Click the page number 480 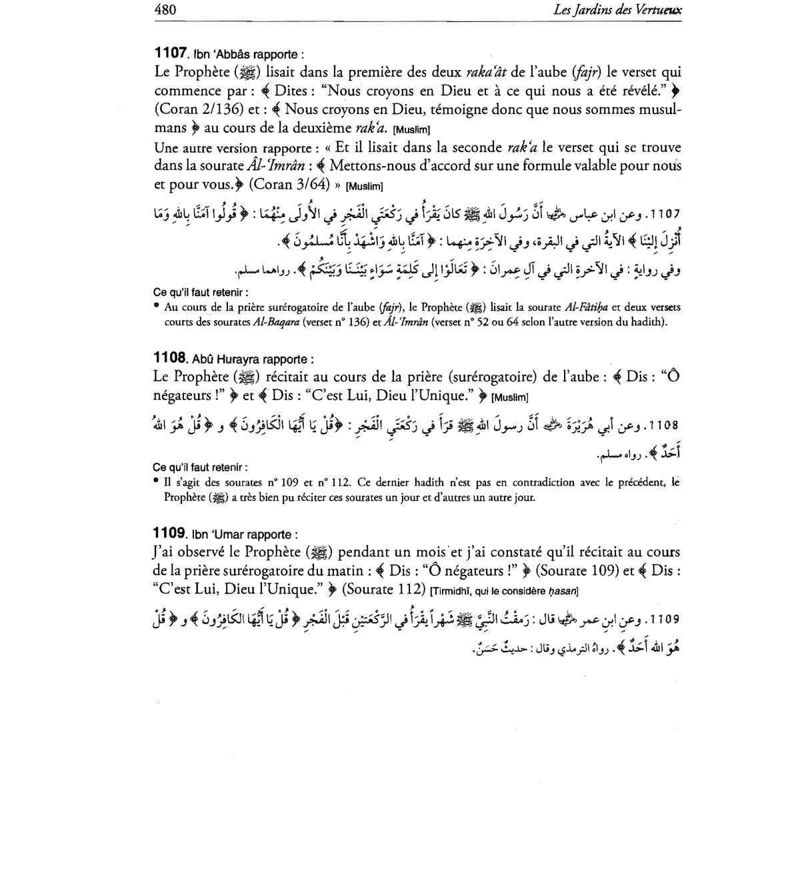click(x=164, y=9)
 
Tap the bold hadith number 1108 click(x=169, y=357)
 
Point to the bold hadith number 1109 click(x=169, y=533)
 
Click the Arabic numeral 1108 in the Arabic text click(x=663, y=425)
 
